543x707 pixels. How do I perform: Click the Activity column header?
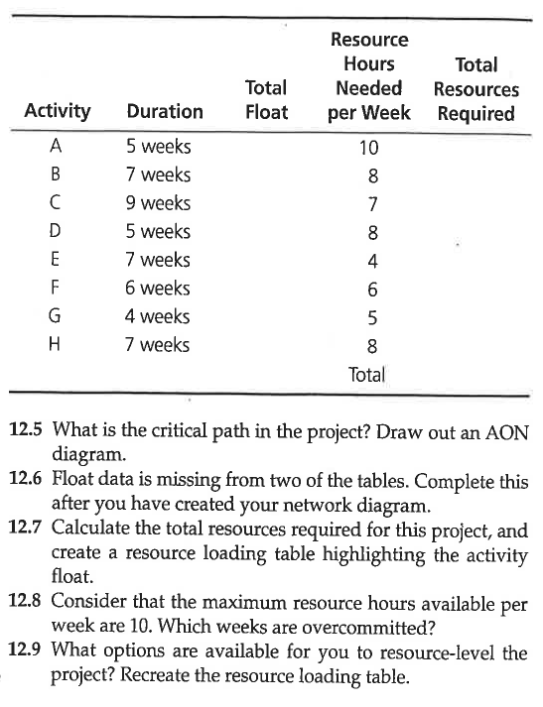point(58,111)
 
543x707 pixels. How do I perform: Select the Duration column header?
point(165,112)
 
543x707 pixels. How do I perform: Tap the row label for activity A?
point(57,147)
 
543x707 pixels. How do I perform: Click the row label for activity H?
point(57,345)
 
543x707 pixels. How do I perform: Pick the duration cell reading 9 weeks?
point(158,203)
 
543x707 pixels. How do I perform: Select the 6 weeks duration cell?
point(158,289)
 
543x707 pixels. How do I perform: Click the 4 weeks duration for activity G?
point(158,317)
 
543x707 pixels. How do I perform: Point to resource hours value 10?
point(368,149)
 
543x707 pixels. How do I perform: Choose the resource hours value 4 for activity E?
point(371,263)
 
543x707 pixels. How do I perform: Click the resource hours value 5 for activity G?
point(371,319)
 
